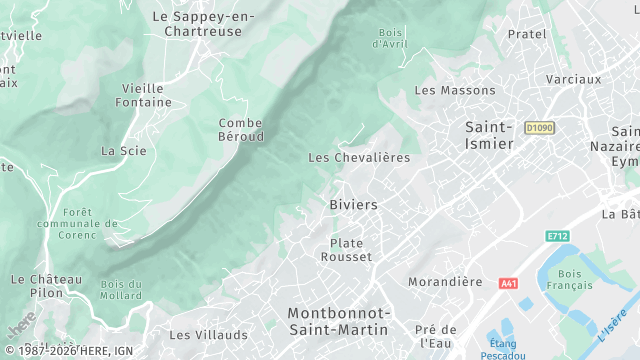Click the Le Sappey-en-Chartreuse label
tap(203, 25)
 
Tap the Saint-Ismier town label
tap(489, 135)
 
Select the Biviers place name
tap(353, 205)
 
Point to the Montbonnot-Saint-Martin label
tap(339, 321)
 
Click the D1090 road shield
tap(538, 128)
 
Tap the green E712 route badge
tap(557, 236)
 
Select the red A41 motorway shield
tap(508, 284)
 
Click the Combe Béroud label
tap(240, 129)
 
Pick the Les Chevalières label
tap(359, 158)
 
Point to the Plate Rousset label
tap(346, 250)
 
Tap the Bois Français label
tap(570, 280)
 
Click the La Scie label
tap(124, 151)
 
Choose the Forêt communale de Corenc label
tap(76, 224)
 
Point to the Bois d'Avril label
tap(391, 38)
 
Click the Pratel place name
tap(527, 34)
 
